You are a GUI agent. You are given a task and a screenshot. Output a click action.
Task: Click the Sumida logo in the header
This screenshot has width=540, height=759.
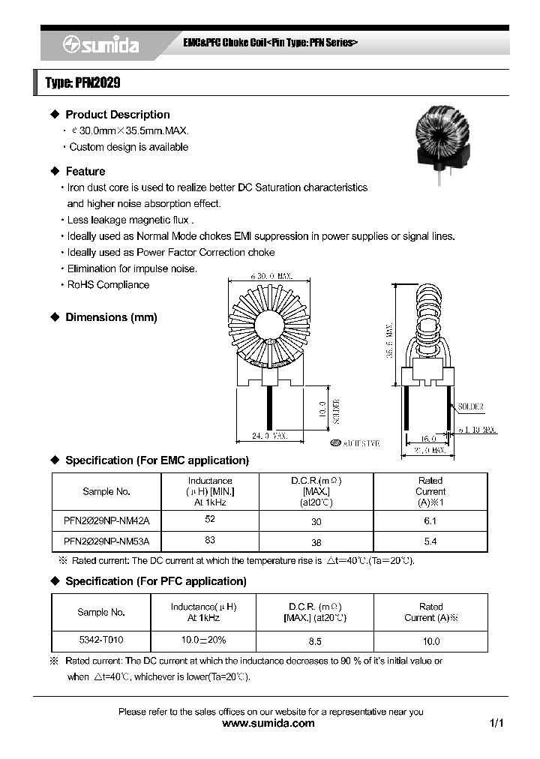point(100,46)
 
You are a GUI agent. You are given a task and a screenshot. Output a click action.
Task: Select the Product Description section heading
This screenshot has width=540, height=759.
point(117,115)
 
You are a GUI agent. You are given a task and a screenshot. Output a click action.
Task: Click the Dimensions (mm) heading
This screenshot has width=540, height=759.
point(111,317)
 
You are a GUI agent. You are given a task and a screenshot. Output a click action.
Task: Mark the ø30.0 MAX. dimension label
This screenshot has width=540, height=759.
point(268,277)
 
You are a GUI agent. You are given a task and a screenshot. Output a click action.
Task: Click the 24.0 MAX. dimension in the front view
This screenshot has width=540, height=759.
point(268,435)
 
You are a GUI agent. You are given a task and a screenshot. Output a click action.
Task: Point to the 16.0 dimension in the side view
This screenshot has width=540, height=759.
point(428,439)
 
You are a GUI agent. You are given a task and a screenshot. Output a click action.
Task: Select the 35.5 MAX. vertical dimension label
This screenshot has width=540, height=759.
point(389,341)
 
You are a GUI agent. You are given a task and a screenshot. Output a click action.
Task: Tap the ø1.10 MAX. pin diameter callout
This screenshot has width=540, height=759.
point(478,430)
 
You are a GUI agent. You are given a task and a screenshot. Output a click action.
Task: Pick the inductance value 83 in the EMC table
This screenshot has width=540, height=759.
point(210,540)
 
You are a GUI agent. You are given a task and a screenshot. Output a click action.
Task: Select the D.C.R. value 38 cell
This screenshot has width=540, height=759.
point(316,541)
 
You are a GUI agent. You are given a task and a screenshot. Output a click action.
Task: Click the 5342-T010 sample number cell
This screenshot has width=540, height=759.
point(101,640)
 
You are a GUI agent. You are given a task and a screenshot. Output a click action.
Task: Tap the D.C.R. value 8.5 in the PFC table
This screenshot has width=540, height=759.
point(315,641)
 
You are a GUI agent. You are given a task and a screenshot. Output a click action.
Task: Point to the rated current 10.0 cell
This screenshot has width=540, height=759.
point(431,641)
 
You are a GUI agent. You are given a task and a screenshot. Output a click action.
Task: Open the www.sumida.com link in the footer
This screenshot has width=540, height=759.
point(269,724)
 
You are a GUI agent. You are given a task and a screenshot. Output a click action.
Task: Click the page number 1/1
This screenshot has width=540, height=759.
point(496,724)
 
